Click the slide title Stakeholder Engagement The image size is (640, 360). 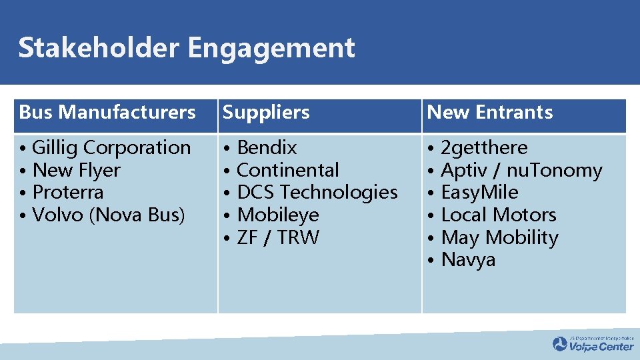coord(187,48)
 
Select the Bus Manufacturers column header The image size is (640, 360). coord(107,113)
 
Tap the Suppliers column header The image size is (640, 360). coord(266,113)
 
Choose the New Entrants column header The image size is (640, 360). coord(489,113)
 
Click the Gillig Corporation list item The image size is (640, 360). coord(111,147)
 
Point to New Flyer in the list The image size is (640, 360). coord(76,170)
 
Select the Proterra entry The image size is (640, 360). coord(68,192)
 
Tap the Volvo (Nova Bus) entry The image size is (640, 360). coord(109,215)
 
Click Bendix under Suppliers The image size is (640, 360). coord(267,147)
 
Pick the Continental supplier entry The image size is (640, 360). coord(288,170)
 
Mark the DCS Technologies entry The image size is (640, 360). coord(317,192)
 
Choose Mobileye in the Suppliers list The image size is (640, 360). coord(278,215)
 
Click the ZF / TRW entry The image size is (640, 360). coord(278,237)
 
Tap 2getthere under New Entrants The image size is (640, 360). coord(484,147)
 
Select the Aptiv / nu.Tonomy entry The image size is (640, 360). coord(521,170)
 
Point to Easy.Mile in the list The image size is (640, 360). coord(479,192)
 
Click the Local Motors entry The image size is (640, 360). coord(498,215)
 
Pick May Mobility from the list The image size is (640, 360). coord(499,237)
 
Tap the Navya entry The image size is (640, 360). coord(468,259)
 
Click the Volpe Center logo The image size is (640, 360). coord(593,344)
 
